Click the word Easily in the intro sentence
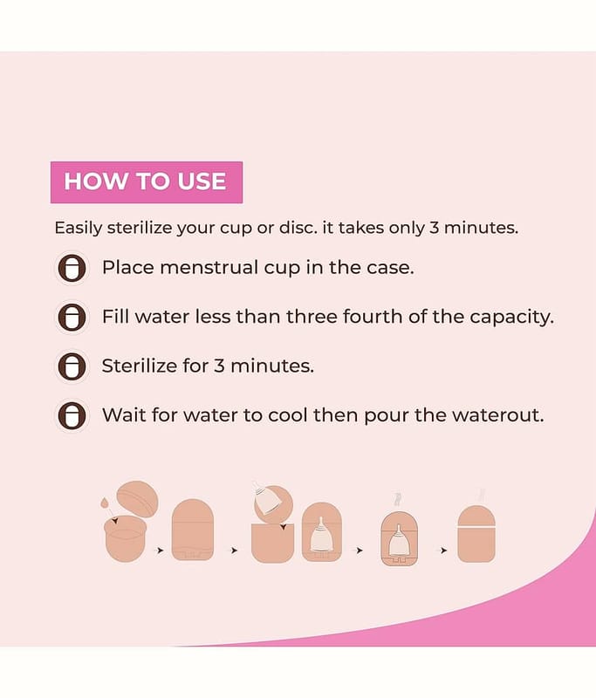[78, 229]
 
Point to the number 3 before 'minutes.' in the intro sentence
[433, 228]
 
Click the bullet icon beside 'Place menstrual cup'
[72, 268]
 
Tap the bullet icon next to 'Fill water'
[72, 318]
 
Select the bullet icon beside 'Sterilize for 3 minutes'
[72, 366]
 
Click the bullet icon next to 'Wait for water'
[72, 416]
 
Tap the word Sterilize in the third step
[140, 366]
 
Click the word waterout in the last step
[498, 415]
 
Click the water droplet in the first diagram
[105, 503]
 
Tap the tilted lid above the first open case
[138, 498]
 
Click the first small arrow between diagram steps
[160, 551]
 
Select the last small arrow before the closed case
[443, 551]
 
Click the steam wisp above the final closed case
[481, 495]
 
